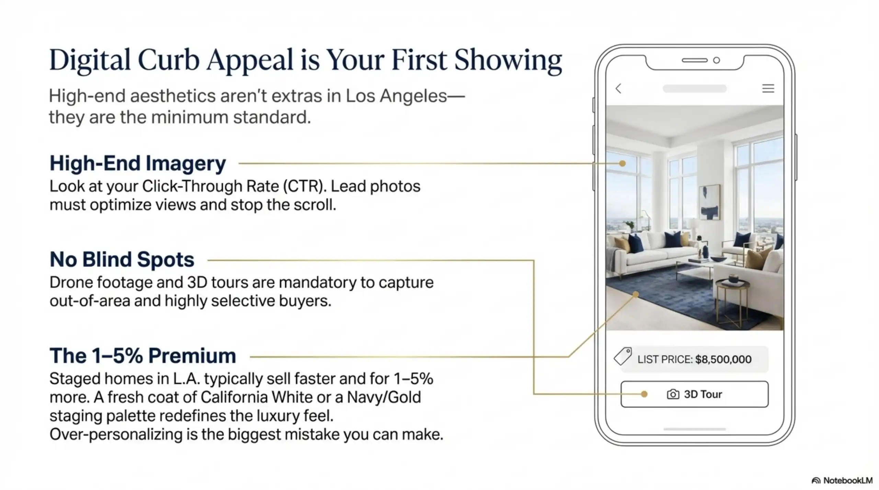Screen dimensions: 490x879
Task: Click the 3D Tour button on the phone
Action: (x=694, y=394)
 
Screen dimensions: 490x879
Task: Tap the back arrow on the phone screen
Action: (x=618, y=88)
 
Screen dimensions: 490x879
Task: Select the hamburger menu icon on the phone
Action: (x=768, y=88)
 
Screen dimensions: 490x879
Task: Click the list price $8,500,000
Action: (x=723, y=359)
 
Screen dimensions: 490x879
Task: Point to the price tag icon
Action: (x=623, y=356)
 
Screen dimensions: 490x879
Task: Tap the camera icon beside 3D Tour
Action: (x=673, y=394)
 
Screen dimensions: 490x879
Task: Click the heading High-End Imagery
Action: (x=138, y=163)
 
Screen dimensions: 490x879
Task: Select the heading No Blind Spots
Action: (x=122, y=260)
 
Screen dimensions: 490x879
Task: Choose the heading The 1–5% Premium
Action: (x=143, y=356)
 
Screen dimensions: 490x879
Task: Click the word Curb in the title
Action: (x=168, y=60)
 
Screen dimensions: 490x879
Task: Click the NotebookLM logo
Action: (x=842, y=480)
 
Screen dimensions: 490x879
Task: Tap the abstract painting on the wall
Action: (x=709, y=202)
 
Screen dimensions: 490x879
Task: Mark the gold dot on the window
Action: (x=622, y=164)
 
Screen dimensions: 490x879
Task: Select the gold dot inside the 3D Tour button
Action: (x=644, y=394)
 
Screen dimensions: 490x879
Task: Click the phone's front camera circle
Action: (x=717, y=60)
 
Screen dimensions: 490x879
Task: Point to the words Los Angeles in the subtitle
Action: (x=396, y=96)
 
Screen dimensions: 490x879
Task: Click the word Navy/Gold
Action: (x=384, y=397)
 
